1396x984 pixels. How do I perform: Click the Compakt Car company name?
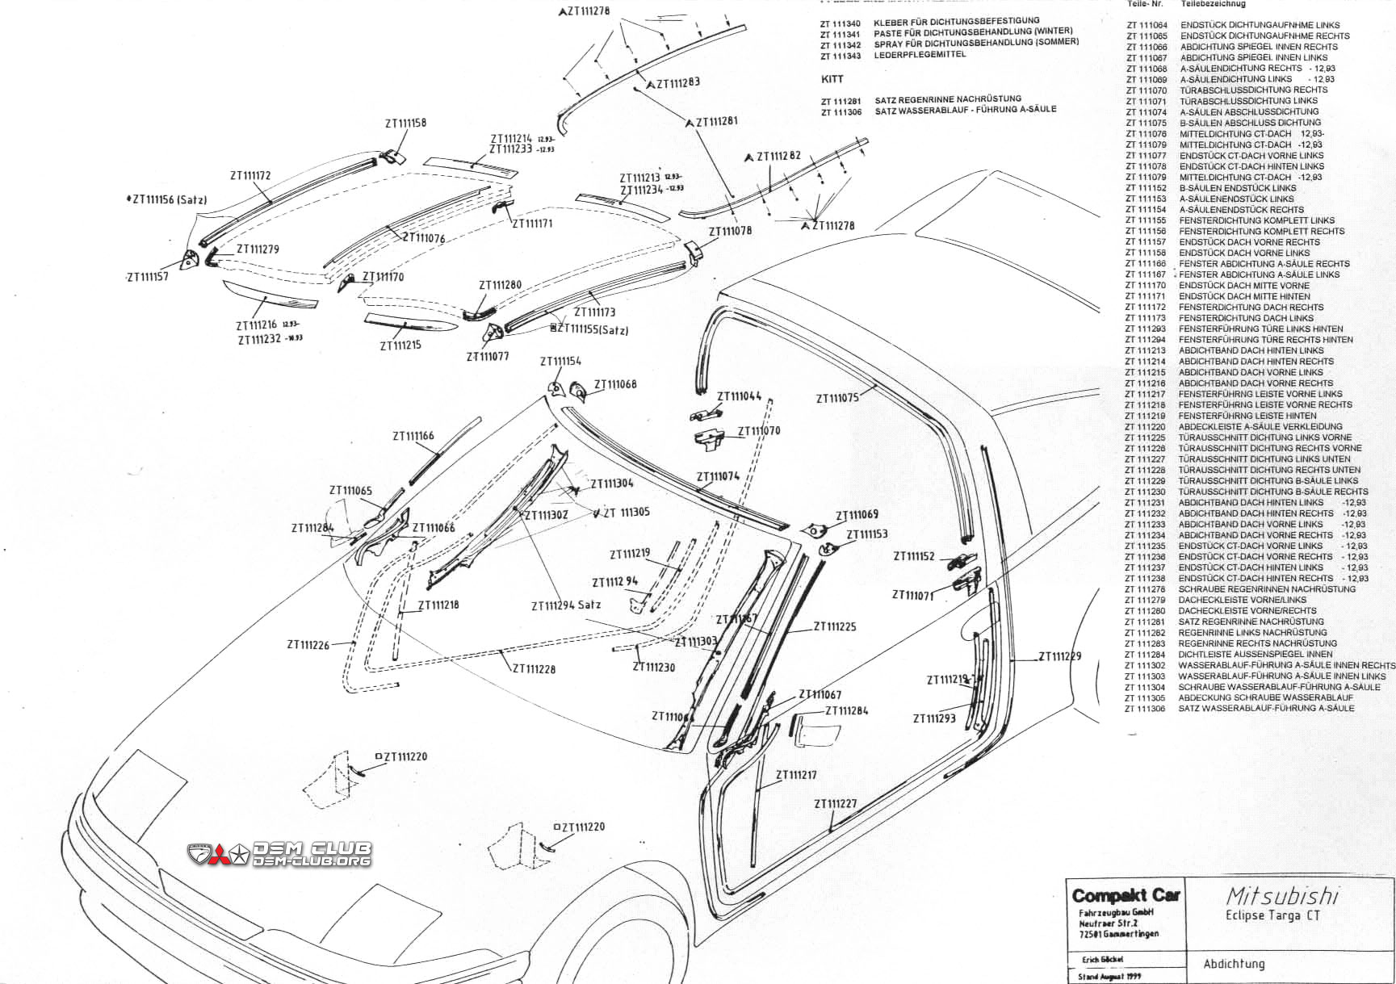[x=1126, y=895]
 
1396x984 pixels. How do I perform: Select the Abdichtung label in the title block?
[x=1234, y=964]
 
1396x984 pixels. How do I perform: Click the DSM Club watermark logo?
[x=279, y=853]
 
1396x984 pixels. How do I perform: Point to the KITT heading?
[x=832, y=79]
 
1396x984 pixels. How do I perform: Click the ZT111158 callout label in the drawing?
[x=405, y=124]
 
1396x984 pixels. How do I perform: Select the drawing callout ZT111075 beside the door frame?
[x=837, y=398]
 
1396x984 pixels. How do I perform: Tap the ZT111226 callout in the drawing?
[x=308, y=645]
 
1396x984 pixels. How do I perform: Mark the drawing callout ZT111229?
[x=1059, y=656]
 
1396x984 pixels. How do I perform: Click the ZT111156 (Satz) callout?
[x=168, y=199]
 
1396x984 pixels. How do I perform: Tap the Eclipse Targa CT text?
[x=1272, y=915]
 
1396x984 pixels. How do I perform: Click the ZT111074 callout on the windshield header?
[x=718, y=476]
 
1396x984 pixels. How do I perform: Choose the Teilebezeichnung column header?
[x=1213, y=4]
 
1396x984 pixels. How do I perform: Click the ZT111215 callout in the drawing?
[x=400, y=345]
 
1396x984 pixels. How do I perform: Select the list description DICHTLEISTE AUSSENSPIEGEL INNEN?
[x=1256, y=632]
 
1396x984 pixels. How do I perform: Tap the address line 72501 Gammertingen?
[x=1118, y=934]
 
